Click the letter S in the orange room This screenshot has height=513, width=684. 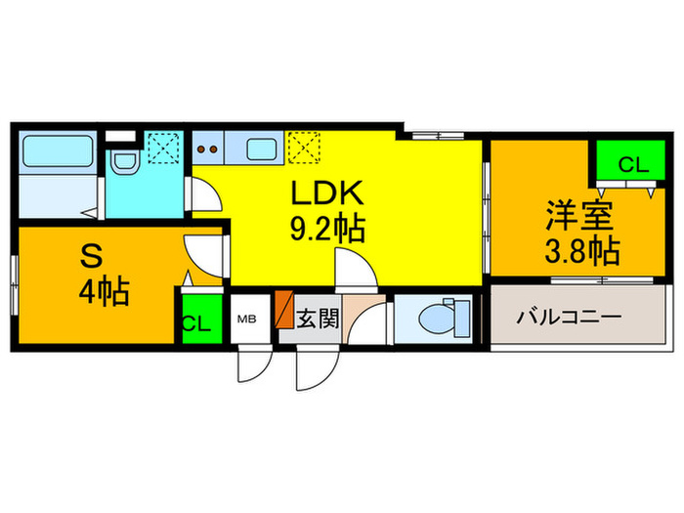click(91, 257)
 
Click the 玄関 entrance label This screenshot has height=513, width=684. click(318, 319)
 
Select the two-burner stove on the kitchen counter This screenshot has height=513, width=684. click(209, 150)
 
